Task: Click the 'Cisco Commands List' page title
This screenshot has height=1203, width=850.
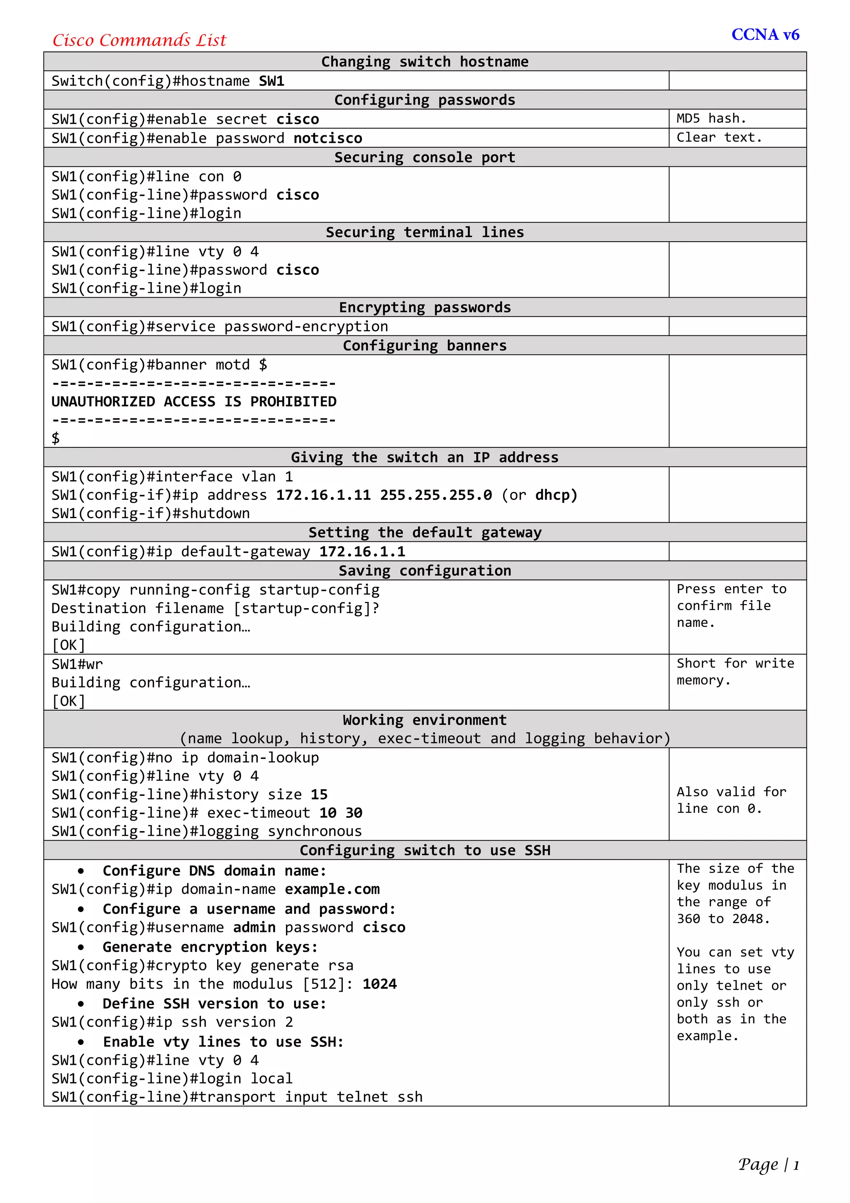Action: tap(139, 40)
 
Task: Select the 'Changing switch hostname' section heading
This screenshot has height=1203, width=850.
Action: tap(425, 62)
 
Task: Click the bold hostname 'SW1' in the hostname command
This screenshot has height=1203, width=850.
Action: tap(271, 81)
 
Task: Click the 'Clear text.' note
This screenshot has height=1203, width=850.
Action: tap(718, 137)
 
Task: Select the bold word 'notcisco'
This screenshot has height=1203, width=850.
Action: tap(327, 138)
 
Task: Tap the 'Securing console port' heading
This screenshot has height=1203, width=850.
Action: tap(425, 157)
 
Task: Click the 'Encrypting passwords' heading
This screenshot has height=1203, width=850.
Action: tap(425, 308)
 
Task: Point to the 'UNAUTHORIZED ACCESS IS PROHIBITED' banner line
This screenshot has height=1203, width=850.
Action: tap(194, 402)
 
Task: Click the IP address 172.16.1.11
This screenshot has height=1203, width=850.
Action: tap(323, 495)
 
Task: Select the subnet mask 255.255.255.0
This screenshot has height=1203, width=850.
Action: tap(436, 495)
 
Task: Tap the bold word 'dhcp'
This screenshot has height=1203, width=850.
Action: tap(555, 495)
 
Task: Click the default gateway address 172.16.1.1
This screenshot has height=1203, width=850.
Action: tap(362, 552)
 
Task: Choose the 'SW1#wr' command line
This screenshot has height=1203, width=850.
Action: tap(77, 664)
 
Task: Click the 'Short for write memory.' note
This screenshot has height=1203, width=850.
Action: tap(735, 672)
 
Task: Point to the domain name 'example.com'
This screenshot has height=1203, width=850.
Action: tap(332, 889)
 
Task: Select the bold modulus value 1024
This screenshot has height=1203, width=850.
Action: tap(379, 984)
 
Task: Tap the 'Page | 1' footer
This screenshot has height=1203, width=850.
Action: tap(768, 1164)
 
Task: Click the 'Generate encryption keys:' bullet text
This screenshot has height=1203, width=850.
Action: tap(210, 947)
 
